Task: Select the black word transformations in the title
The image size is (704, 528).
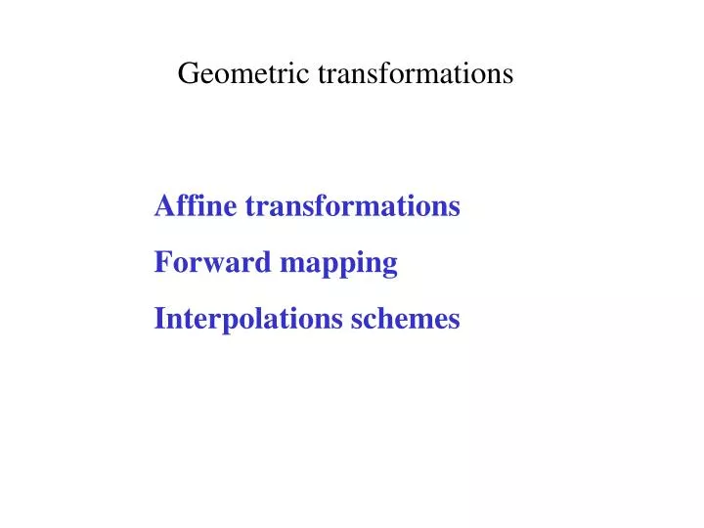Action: [415, 74]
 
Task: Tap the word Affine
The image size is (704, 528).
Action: [196, 207]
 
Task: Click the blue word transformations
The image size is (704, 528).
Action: [352, 207]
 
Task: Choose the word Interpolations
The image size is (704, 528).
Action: [248, 320]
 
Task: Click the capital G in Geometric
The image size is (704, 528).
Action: [188, 74]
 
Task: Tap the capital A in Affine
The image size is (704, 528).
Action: [164, 207]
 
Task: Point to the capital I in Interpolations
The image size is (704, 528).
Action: [159, 320]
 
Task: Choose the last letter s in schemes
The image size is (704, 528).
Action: [454, 321]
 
